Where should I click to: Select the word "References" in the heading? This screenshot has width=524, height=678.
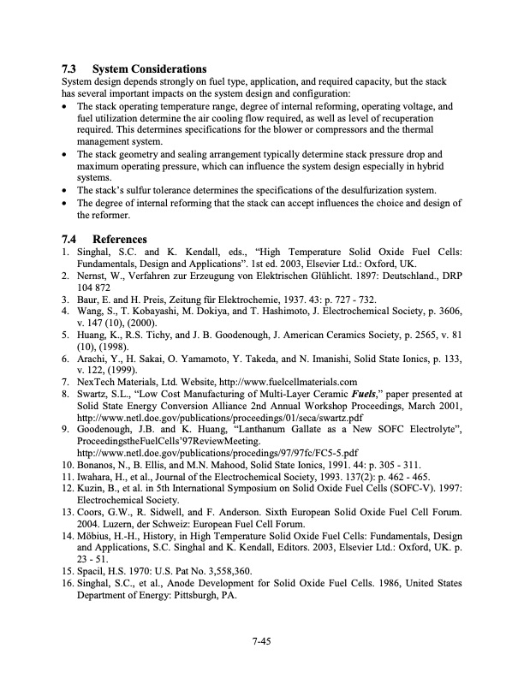point(120,239)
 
